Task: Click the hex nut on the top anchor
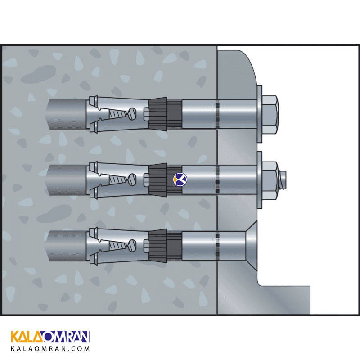click(270, 115)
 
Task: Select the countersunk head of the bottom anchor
click(252, 246)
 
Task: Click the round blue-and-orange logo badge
click(180, 179)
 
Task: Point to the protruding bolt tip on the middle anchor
click(283, 180)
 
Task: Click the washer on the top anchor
click(260, 114)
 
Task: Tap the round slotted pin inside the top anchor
click(132, 114)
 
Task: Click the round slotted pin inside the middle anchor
click(132, 180)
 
